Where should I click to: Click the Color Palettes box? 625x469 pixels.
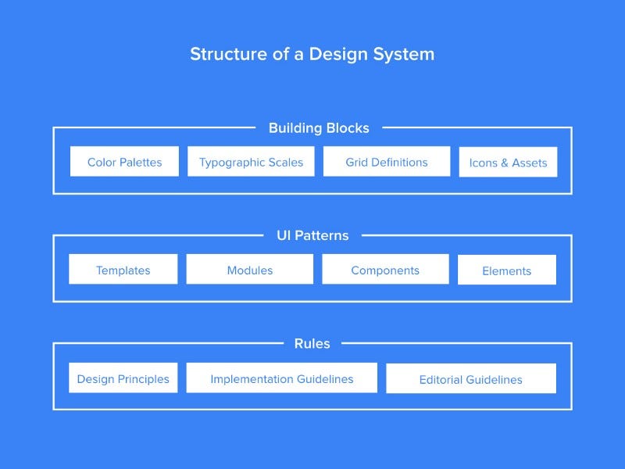(x=124, y=162)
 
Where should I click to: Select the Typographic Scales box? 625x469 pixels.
(x=251, y=162)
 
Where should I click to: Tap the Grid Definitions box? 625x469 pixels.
(x=387, y=162)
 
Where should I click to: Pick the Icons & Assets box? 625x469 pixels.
(x=508, y=163)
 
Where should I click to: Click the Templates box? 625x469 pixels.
(x=123, y=270)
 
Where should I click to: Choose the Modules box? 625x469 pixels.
(x=249, y=270)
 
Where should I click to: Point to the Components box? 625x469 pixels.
(x=385, y=270)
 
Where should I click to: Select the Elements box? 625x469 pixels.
(x=506, y=270)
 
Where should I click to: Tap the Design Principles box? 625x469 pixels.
(x=123, y=378)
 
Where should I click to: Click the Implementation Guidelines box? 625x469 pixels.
(x=281, y=378)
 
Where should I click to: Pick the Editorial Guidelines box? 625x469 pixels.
(x=470, y=379)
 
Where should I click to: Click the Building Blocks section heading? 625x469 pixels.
(x=319, y=127)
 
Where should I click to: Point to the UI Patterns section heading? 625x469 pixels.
(x=312, y=235)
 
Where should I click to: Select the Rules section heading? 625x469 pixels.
(x=312, y=343)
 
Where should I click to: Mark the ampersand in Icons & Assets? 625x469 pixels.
(x=505, y=163)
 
